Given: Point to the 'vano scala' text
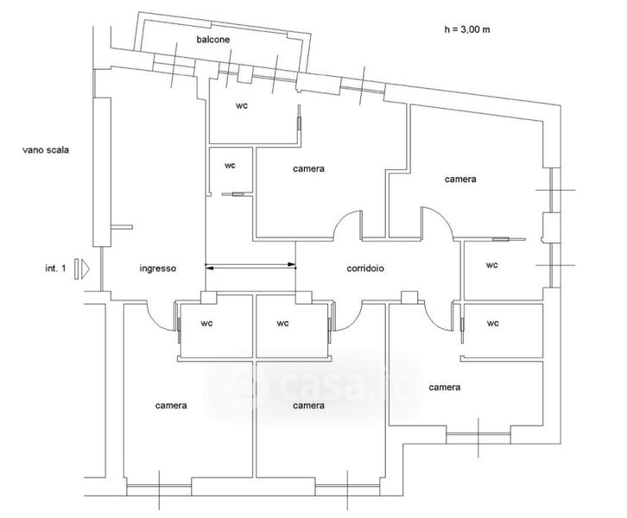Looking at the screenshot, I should [46, 149].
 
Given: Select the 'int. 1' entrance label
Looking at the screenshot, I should [56, 268].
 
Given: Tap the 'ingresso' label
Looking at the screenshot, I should [158, 268].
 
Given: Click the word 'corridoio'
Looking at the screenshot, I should [365, 268].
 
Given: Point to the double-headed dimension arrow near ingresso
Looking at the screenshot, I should [250, 266].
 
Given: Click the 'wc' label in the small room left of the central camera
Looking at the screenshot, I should [230, 164].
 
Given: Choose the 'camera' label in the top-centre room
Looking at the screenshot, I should [308, 168].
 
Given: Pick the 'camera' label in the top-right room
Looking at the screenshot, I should [460, 180].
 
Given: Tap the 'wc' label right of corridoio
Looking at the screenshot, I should [491, 265].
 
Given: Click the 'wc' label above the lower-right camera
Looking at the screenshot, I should [492, 324].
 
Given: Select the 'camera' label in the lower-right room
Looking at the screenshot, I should [444, 388].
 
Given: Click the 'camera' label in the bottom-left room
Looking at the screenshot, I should [172, 405].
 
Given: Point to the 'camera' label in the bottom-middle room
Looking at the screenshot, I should [308, 405].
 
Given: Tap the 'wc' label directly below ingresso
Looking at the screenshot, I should [207, 324].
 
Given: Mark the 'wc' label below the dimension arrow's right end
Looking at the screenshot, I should [282, 324].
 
